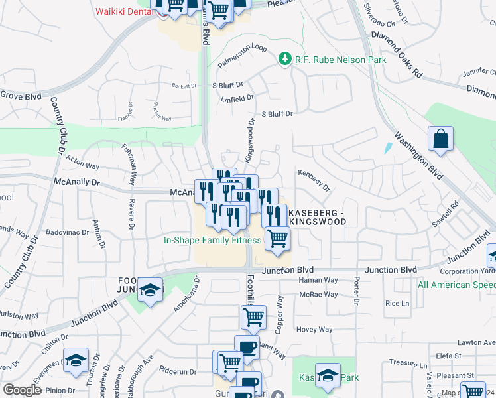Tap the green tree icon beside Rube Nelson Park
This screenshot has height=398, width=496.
285,60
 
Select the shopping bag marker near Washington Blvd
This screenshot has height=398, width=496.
440,139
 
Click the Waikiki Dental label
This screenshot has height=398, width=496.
124,11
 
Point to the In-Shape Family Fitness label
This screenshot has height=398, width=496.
212,241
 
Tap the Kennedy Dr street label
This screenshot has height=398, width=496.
314,179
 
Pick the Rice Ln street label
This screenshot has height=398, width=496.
397,303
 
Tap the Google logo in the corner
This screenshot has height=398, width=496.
22,390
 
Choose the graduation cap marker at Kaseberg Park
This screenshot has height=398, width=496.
328,375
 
